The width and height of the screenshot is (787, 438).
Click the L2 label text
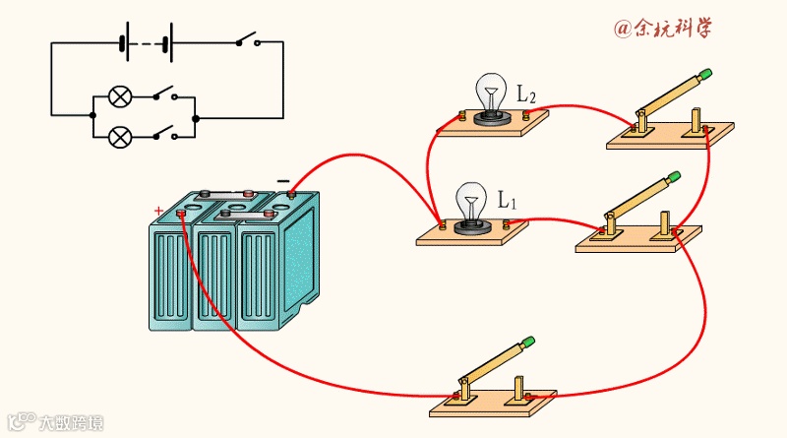tap(526, 96)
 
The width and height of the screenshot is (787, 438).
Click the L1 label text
tap(507, 200)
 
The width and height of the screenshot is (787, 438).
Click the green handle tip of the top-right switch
tap(704, 75)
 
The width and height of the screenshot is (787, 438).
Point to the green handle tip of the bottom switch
tap(528, 343)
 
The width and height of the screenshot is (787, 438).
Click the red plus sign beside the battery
tap(159, 211)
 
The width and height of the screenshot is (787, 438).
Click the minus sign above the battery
tap(283, 181)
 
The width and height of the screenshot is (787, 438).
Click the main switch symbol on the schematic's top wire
tap(247, 41)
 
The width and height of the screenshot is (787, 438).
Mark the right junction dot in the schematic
tap(195, 117)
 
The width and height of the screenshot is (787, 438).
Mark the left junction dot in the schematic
tap(92, 115)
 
